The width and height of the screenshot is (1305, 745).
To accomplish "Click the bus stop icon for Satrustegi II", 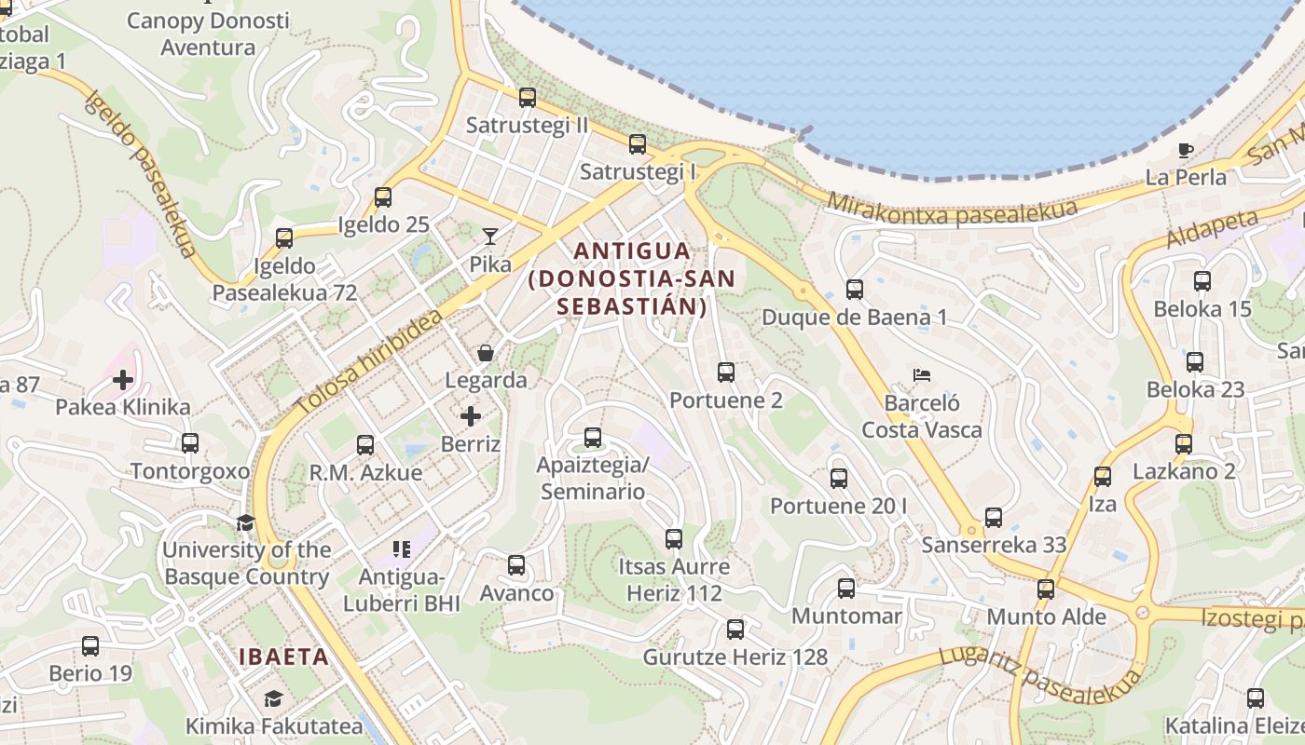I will tap(528, 98).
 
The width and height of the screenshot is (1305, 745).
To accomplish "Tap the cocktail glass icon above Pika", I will tap(490, 237).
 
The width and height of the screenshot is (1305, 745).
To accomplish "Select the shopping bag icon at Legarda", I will tap(486, 353).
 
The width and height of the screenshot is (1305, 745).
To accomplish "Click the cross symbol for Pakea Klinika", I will tap(123, 380).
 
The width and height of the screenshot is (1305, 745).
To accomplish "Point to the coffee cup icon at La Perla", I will tap(1186, 150).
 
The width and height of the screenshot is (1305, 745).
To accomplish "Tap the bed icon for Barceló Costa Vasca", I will tap(922, 376).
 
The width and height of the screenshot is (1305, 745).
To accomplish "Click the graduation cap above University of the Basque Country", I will tap(246, 522).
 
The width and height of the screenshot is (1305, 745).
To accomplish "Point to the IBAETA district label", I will tap(284, 657).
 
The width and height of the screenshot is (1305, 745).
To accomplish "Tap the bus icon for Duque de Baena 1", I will tap(855, 290).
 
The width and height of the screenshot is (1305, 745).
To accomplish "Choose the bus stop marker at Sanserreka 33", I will tap(994, 518).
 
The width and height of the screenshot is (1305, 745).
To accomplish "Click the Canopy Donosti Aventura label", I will tap(208, 34).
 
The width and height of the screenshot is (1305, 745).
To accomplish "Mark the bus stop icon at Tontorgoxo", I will tap(190, 443).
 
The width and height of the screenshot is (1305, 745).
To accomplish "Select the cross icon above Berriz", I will tap(471, 416).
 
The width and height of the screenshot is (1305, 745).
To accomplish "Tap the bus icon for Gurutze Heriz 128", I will tap(735, 630).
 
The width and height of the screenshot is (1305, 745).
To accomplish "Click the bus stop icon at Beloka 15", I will tap(1202, 281).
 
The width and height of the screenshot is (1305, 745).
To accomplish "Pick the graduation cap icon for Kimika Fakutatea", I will tap(273, 699).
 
